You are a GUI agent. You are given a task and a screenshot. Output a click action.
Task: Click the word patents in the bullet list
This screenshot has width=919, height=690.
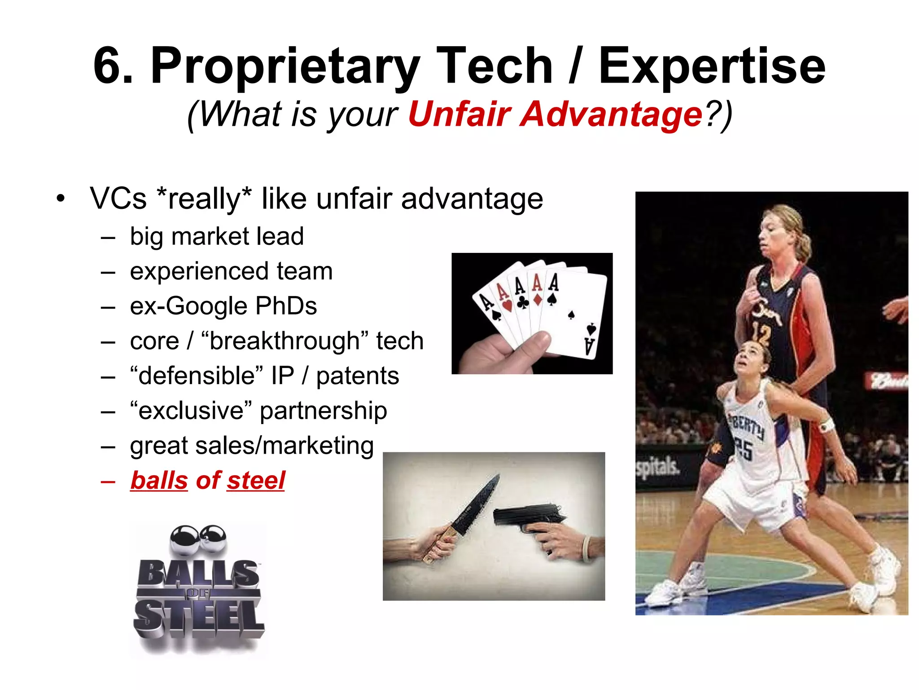(357, 376)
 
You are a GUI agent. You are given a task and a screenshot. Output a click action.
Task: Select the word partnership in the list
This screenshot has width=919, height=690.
(323, 411)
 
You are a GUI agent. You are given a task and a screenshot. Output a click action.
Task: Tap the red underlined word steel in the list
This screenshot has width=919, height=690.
(255, 481)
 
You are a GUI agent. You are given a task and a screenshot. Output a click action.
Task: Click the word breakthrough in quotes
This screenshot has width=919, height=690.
(285, 341)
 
